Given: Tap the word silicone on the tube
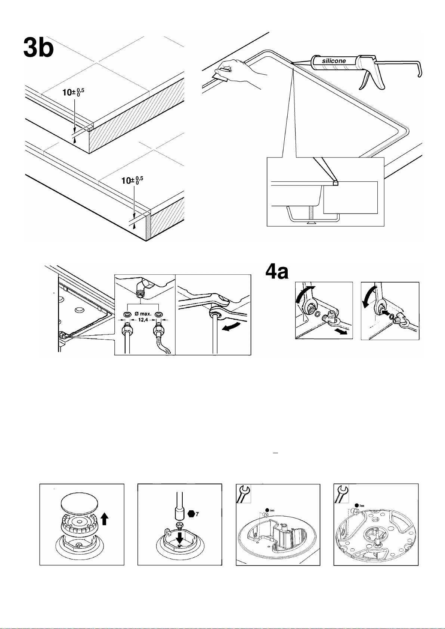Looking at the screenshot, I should point(334,60).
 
